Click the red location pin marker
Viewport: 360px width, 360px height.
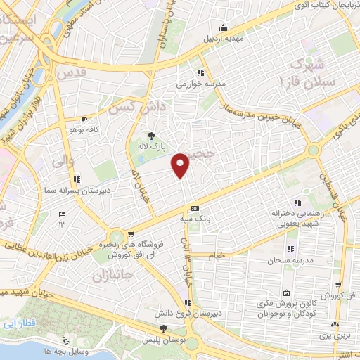coord(181,165)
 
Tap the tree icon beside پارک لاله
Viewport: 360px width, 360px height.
coord(151,136)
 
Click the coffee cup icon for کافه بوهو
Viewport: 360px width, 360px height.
coord(85,120)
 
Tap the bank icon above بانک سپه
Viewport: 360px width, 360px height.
coord(195,208)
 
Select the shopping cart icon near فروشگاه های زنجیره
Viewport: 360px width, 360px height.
coord(130,234)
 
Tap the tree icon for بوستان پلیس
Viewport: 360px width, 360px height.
coord(164,328)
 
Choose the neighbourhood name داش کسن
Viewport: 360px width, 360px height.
coord(134,106)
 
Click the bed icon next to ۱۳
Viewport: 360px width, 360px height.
coord(62,214)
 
